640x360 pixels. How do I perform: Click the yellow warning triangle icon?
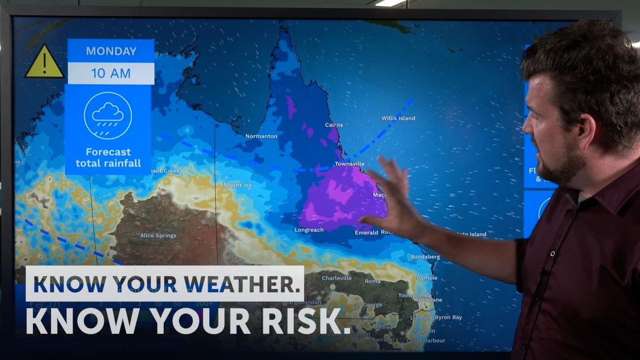click(44, 62)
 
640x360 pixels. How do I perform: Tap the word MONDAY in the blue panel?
click(111, 52)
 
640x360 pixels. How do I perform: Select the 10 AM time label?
click(111, 73)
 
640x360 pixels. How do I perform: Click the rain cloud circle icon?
click(108, 115)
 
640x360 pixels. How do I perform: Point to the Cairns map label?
click(334, 125)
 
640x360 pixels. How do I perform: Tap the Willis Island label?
click(398, 118)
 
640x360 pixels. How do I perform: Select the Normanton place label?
click(261, 136)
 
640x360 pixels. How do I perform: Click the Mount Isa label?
click(237, 185)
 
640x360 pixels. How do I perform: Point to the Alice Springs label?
click(158, 235)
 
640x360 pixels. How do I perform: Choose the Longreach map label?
click(309, 230)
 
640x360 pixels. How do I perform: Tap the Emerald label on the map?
click(366, 233)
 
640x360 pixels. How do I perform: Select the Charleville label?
click(337, 278)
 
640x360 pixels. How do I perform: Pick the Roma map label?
click(372, 281)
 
